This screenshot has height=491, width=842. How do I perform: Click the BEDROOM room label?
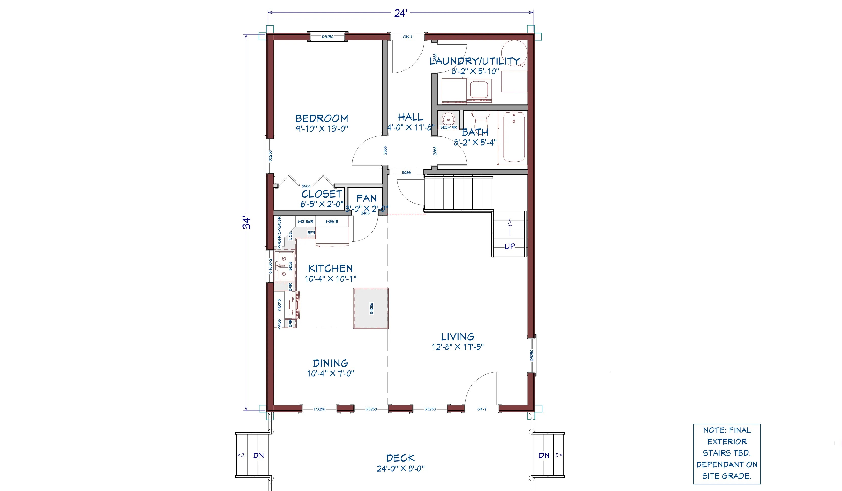point(321,118)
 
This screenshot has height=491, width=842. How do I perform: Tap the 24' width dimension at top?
point(400,13)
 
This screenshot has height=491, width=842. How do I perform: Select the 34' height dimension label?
point(247,223)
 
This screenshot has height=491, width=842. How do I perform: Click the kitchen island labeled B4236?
point(371,308)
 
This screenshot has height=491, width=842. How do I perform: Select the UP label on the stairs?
point(510,247)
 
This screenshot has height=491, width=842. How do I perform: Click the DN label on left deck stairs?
point(258,455)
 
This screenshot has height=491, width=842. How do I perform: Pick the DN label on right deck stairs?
point(544,455)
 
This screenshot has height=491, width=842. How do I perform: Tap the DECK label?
point(400,458)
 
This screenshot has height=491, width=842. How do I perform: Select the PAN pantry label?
point(366,198)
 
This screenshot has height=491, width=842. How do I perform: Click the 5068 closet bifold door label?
point(306,186)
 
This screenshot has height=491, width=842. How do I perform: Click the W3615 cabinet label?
point(332,222)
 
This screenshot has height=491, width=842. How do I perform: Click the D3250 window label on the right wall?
point(532,355)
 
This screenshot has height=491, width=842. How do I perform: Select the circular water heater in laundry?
point(515,52)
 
